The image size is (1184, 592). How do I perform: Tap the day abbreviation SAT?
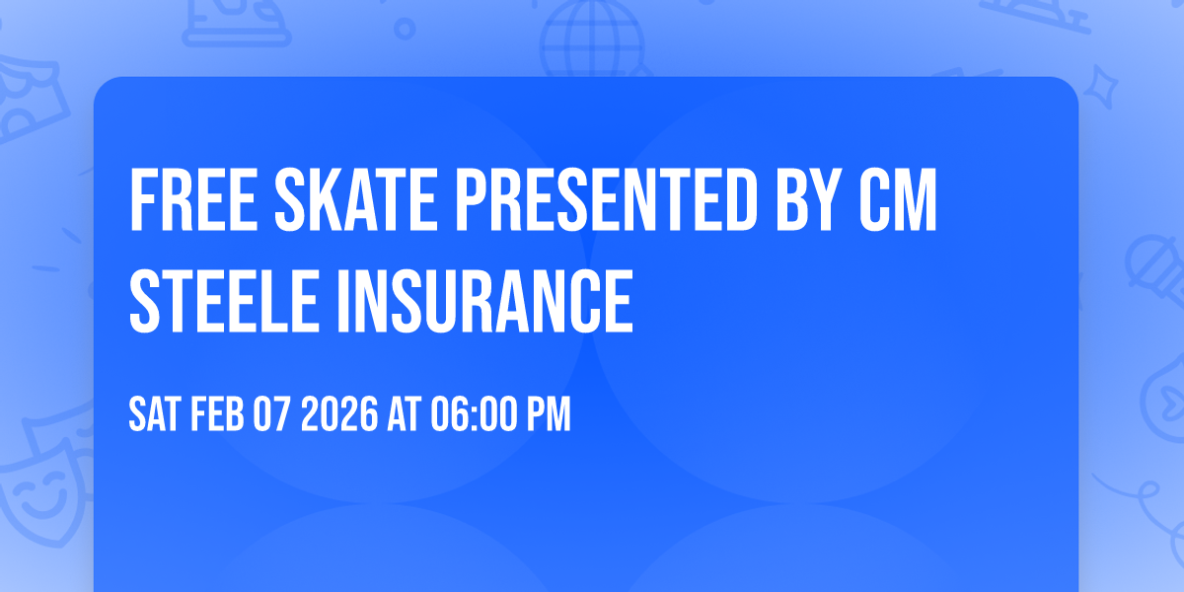(153, 415)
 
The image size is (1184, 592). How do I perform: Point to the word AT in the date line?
(406, 415)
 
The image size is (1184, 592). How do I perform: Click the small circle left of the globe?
(405, 28)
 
